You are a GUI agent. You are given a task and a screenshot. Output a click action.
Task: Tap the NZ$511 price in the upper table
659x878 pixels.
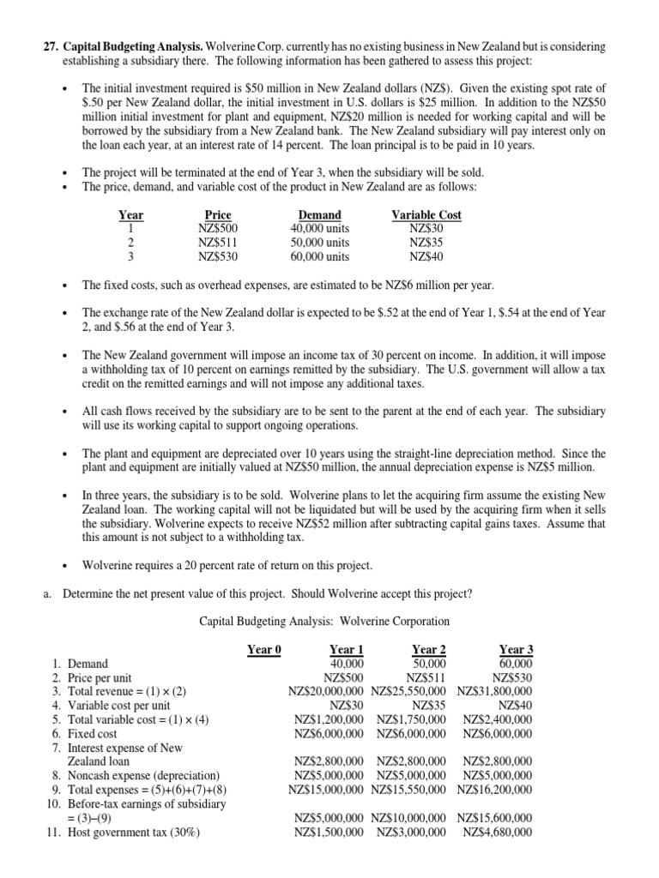click(218, 242)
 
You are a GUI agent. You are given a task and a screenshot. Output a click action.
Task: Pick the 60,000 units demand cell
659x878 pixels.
click(320, 256)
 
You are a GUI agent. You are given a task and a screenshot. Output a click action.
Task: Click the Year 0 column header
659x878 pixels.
click(264, 649)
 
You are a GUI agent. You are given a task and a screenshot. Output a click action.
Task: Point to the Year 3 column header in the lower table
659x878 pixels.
click(515, 649)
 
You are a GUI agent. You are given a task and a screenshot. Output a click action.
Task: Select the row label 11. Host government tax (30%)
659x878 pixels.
click(122, 832)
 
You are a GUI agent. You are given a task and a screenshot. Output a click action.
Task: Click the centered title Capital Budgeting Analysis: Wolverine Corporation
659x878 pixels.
click(324, 621)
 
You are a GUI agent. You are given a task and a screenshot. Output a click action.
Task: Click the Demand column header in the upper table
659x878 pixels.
click(319, 214)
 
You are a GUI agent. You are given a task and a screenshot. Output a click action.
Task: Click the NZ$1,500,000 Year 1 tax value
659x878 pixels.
click(329, 832)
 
